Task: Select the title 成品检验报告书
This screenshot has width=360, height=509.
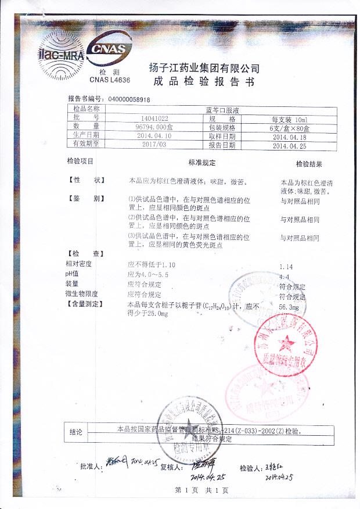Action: click(204, 82)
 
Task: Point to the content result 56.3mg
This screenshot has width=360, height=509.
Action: click(289, 306)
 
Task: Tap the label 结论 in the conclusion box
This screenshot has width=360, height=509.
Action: click(77, 432)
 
